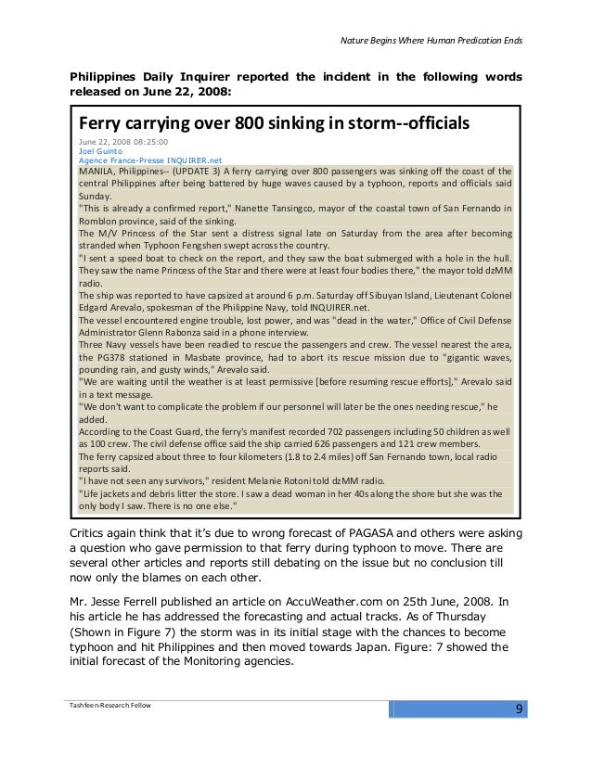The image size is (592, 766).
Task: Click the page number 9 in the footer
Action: [x=520, y=711]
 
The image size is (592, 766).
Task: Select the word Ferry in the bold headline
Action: [x=102, y=123]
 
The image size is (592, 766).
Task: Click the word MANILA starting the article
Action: [x=97, y=172]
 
